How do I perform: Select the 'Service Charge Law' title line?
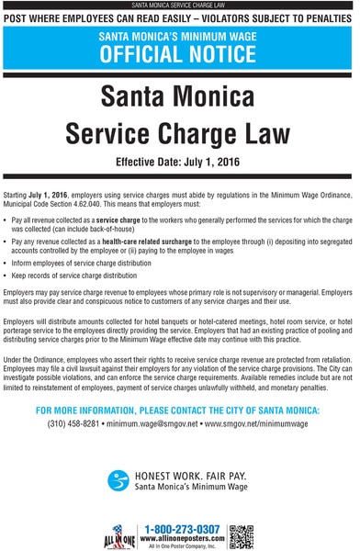[x=180, y=133]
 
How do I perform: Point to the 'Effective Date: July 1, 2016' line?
[x=180, y=163]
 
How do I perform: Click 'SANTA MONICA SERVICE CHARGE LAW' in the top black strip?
[x=180, y=5]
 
